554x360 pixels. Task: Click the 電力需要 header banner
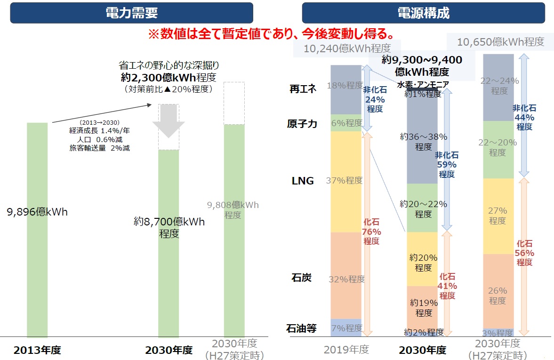(131, 13)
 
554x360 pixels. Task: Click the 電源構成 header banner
(423, 13)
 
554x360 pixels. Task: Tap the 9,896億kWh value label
(37, 212)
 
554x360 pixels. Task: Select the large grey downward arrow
(168, 120)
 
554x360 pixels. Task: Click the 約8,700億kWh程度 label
(169, 227)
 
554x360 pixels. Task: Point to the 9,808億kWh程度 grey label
(233, 210)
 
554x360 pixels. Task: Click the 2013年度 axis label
(37, 350)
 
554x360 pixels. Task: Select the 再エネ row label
(303, 89)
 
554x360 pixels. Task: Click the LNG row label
(303, 181)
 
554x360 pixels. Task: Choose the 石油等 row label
(302, 328)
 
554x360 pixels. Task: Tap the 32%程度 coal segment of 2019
(346, 279)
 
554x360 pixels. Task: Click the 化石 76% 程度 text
(371, 232)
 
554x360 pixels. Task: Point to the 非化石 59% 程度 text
(447, 165)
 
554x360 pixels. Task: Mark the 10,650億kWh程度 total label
(501, 42)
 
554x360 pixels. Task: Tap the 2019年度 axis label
(346, 350)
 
